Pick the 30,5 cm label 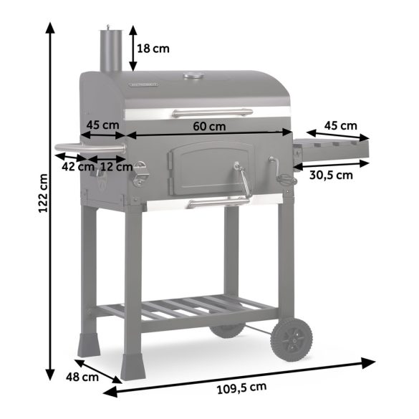pos(330,175)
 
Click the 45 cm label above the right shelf pos(339,125)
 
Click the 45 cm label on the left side pos(102,125)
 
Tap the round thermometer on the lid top pos(192,76)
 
